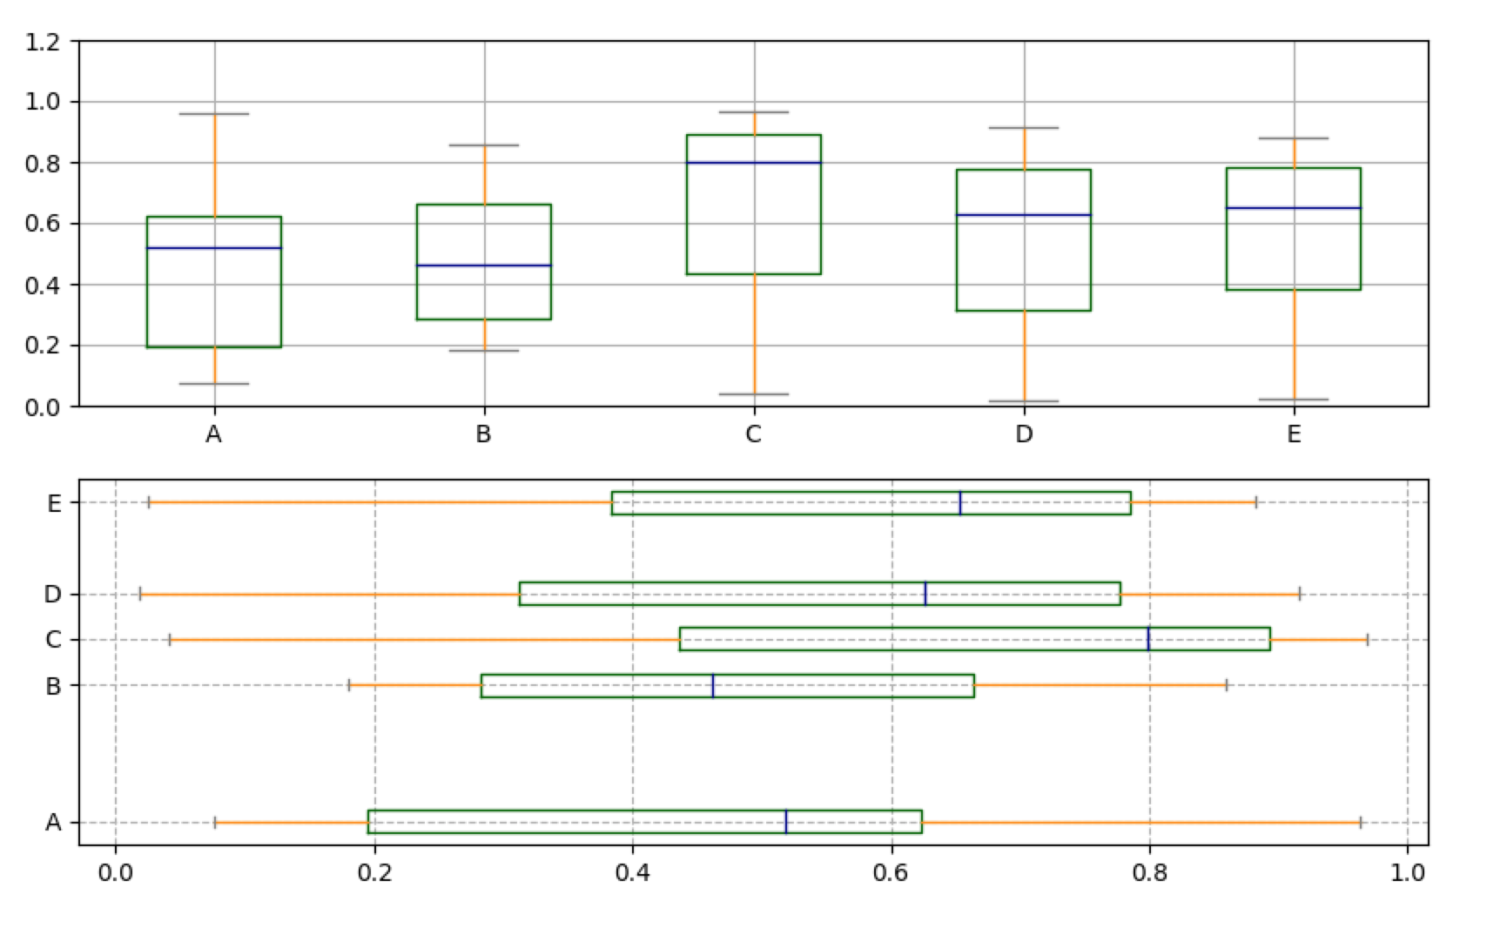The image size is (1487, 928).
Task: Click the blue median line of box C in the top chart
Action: click(754, 163)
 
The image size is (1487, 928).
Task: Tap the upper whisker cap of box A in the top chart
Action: click(214, 114)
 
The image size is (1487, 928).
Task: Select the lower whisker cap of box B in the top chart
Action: click(484, 351)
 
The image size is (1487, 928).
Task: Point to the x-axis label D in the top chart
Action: click(1024, 434)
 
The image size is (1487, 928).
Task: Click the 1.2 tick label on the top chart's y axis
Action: click(43, 41)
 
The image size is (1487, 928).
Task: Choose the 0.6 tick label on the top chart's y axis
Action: click(43, 224)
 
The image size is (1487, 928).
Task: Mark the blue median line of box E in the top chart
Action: click(1294, 208)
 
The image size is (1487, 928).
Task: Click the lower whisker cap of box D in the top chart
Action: click(1024, 401)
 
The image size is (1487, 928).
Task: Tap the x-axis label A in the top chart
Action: click(214, 434)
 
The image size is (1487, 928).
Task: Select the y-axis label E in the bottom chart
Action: click(54, 503)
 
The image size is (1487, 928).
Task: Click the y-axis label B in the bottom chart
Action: click(54, 686)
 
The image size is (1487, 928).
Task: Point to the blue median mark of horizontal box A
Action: click(786, 822)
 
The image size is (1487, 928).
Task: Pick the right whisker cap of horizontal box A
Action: click(1360, 822)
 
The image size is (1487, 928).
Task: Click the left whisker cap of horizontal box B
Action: click(349, 685)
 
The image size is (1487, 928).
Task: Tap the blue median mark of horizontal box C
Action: click(1148, 640)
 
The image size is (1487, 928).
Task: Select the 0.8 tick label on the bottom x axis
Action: click(1149, 872)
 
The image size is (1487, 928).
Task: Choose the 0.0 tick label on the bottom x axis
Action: click(115, 872)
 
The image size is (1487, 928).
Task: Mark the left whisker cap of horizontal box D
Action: click(140, 595)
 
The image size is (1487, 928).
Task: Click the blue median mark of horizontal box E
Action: click(960, 503)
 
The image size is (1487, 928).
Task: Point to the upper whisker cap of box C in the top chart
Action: click(754, 112)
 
